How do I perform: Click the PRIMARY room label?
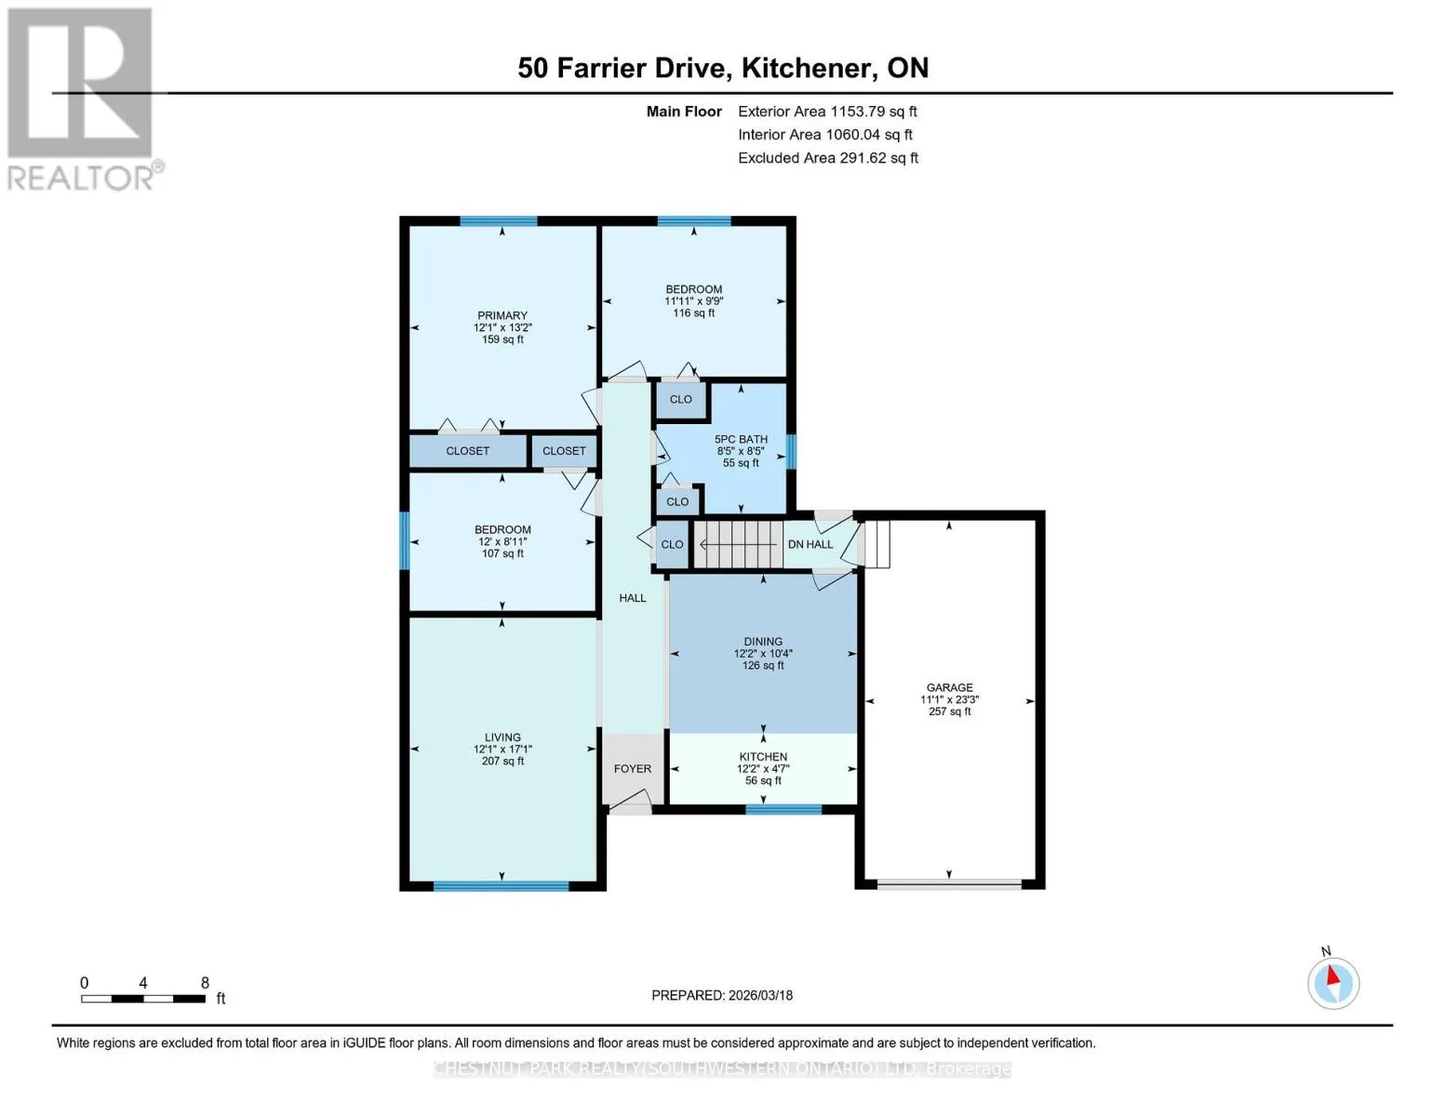(502, 315)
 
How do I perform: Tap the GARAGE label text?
(949, 687)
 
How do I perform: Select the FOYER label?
(633, 768)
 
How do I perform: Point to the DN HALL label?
(809, 544)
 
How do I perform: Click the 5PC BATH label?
(741, 439)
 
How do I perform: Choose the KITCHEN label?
(763, 756)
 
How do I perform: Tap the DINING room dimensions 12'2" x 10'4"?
(763, 654)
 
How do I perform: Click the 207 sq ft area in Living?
(502, 761)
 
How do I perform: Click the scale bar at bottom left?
(143, 998)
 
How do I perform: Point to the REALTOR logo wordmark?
(81, 178)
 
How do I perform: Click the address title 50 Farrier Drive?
(624, 68)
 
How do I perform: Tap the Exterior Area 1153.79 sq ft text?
(827, 112)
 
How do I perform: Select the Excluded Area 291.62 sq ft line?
(828, 158)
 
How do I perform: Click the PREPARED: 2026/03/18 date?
(721, 995)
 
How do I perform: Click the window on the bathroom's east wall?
(791, 451)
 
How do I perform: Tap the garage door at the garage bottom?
(949, 884)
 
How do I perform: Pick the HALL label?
(633, 598)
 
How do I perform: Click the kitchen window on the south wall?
(783, 809)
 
